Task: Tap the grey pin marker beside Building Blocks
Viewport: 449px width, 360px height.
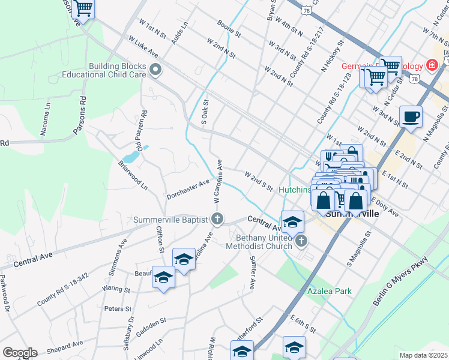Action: click(x=155, y=71)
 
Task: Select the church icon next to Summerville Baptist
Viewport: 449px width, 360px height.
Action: click(x=218, y=219)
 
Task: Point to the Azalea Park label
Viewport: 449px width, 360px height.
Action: click(x=328, y=291)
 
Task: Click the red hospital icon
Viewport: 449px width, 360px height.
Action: click(x=430, y=64)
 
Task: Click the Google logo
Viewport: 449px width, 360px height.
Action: click(x=20, y=352)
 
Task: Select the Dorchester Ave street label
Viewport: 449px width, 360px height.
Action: click(x=188, y=188)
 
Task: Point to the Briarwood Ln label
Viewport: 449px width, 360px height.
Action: click(x=133, y=175)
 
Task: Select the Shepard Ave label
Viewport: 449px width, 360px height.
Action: click(x=61, y=347)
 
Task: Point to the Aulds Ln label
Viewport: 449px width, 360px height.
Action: click(x=179, y=33)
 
